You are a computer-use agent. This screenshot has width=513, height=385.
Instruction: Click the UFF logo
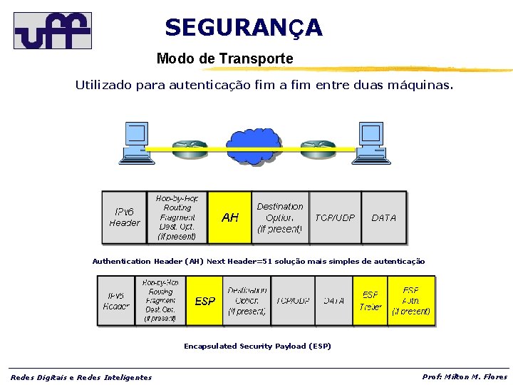click(x=53, y=30)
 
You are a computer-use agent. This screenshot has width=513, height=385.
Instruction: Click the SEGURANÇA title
click(x=243, y=28)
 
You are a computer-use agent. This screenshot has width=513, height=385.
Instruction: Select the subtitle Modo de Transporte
click(x=224, y=58)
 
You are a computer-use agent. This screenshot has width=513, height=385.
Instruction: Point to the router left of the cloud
click(x=187, y=148)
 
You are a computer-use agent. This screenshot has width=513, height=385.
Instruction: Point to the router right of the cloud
click(x=318, y=148)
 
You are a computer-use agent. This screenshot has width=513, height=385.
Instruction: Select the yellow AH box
click(x=230, y=217)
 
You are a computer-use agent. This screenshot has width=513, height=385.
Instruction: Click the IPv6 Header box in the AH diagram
click(x=125, y=217)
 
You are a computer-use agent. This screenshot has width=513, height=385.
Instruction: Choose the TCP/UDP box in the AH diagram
click(x=336, y=217)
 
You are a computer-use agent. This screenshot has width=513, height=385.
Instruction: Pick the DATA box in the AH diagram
click(x=384, y=217)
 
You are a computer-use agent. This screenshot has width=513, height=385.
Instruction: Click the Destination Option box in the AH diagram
click(x=280, y=217)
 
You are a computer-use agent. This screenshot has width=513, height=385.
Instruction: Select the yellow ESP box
click(x=205, y=301)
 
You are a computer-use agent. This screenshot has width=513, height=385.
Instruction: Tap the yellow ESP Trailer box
click(x=370, y=301)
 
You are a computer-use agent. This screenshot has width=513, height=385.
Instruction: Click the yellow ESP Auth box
click(x=411, y=301)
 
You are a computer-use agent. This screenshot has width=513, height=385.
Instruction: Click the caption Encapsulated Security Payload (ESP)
click(x=257, y=346)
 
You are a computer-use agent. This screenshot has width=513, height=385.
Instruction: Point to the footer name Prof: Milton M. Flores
click(x=465, y=376)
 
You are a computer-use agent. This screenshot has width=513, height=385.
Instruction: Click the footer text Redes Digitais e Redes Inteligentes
click(x=81, y=377)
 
